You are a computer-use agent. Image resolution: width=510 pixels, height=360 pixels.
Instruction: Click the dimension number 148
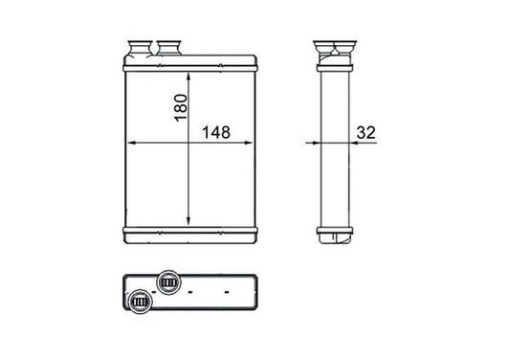coord(217,133)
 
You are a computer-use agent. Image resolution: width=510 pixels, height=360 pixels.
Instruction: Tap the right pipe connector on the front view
coord(172,48)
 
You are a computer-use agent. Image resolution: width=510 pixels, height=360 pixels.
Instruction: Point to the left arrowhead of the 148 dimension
coord(131,144)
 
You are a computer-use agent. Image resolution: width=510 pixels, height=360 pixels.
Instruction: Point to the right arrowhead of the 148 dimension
coord(255,144)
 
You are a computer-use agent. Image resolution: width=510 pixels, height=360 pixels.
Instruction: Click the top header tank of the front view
coord(192,63)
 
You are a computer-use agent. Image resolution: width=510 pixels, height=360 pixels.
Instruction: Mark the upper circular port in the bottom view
coord(171,282)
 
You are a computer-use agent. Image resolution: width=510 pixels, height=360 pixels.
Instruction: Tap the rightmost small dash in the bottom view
coord(226,288)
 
